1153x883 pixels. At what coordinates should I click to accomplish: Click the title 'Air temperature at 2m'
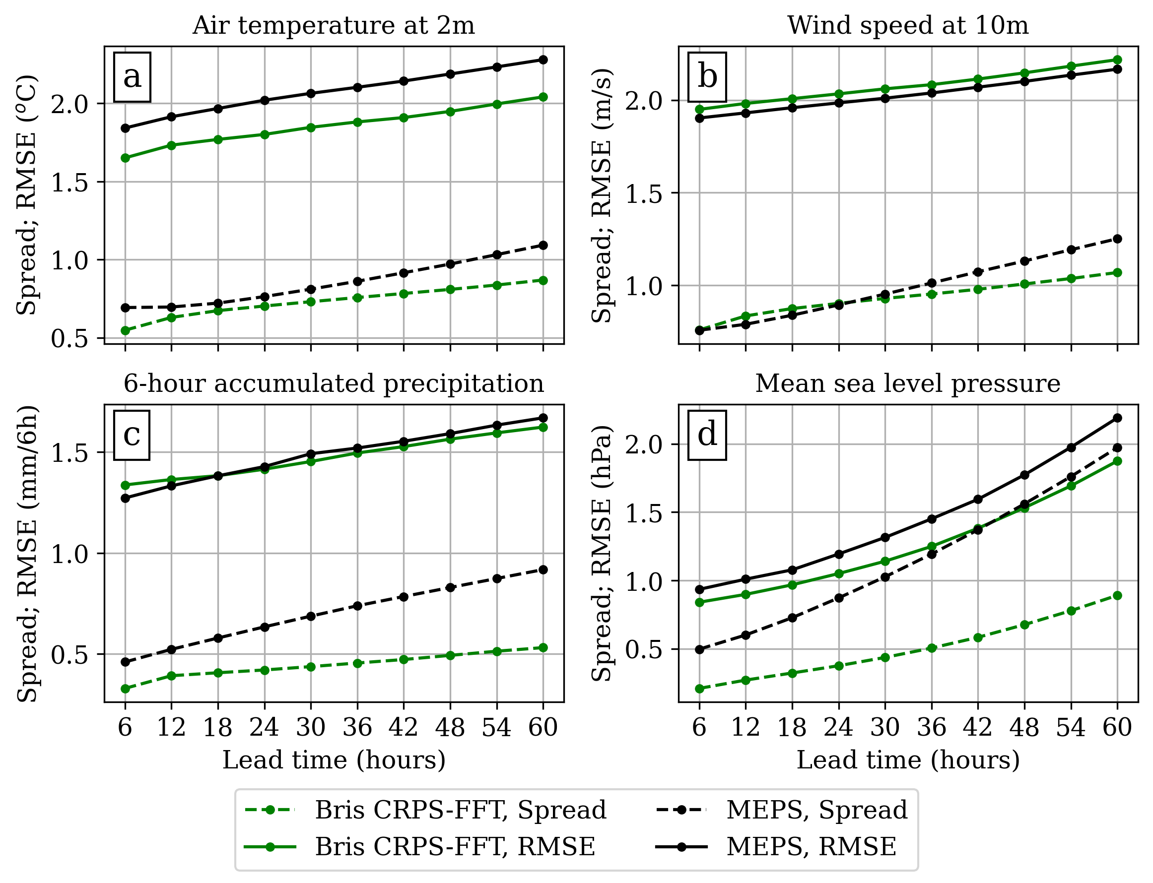(334, 25)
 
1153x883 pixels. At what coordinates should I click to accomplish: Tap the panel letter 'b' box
(707, 77)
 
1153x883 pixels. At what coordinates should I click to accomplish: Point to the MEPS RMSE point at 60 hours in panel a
(543, 60)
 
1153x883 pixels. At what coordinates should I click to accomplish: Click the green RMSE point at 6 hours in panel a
(125, 158)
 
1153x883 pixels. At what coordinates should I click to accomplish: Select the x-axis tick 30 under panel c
(311, 727)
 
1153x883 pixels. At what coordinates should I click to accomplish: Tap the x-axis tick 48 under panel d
(1024, 727)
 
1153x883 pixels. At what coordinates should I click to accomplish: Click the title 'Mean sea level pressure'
(907, 383)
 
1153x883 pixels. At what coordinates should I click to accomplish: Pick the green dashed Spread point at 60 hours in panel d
(1117, 595)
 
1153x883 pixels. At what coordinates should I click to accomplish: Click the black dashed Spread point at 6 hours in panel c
(125, 662)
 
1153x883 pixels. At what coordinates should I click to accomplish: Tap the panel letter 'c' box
(132, 435)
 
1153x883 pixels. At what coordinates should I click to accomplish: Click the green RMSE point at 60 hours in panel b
(1117, 60)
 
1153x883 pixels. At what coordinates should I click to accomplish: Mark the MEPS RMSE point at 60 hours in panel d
(1117, 418)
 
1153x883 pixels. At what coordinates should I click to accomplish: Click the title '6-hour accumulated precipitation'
(334, 383)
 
